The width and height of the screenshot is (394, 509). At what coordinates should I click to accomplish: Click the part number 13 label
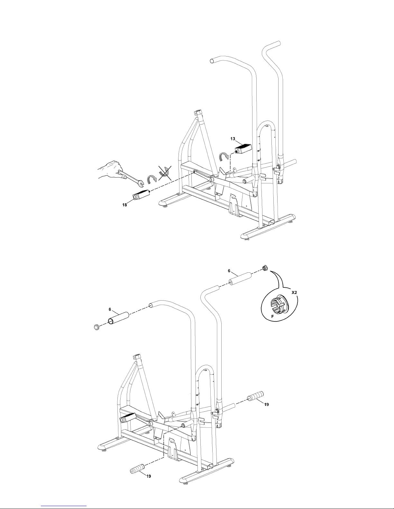pyautogui.click(x=233, y=139)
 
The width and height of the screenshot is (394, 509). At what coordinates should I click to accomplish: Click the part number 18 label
pyautogui.click(x=124, y=205)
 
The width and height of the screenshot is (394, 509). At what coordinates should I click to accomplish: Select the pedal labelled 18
pyautogui.click(x=141, y=195)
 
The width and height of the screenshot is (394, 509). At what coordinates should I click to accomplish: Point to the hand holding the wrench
pyautogui.click(x=110, y=170)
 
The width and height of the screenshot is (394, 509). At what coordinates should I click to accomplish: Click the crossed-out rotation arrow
pyautogui.click(x=165, y=173)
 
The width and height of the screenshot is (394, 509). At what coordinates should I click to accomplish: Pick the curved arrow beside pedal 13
pyautogui.click(x=224, y=156)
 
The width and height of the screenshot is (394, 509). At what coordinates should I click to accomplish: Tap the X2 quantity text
pyautogui.click(x=294, y=293)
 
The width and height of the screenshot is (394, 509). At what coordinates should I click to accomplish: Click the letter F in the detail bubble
pyautogui.click(x=272, y=316)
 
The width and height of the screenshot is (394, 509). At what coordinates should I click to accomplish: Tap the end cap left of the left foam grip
pyautogui.click(x=96, y=327)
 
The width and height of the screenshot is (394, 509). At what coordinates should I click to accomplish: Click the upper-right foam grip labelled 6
pyautogui.click(x=241, y=279)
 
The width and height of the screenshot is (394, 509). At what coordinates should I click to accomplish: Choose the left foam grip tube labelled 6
pyautogui.click(x=118, y=318)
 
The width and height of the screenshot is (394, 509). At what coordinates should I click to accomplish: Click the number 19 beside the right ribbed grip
pyautogui.click(x=266, y=405)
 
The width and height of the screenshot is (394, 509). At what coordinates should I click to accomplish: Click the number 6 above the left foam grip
pyautogui.click(x=110, y=310)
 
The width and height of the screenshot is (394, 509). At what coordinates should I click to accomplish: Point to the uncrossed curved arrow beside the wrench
pyautogui.click(x=152, y=179)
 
